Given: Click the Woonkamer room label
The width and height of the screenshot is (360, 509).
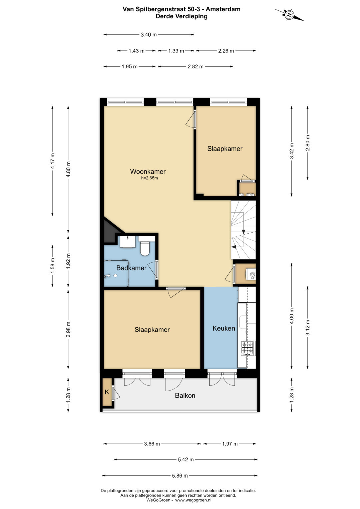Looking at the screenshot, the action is click(148, 172).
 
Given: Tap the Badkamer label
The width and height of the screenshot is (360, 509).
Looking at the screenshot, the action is click(131, 268).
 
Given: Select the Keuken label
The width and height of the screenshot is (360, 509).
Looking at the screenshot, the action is click(224, 328).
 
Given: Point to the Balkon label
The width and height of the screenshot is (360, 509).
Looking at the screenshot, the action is click(185, 396).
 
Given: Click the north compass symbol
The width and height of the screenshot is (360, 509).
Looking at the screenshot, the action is click(289, 15).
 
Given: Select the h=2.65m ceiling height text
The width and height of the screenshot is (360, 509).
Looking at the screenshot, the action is click(149, 178).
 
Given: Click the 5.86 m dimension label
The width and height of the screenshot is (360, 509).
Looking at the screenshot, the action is click(180, 476).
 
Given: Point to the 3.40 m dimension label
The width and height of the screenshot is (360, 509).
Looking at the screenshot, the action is click(149, 35).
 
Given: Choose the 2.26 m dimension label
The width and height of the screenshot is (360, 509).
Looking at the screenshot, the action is click(226, 51).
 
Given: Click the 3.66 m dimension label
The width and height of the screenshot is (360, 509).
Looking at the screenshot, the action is click(152, 444).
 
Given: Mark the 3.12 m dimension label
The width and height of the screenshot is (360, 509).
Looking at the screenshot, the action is click(308, 328).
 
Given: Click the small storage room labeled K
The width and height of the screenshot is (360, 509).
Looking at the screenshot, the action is click(107, 392).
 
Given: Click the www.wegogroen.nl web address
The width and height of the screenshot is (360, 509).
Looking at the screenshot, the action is click(193, 500).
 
